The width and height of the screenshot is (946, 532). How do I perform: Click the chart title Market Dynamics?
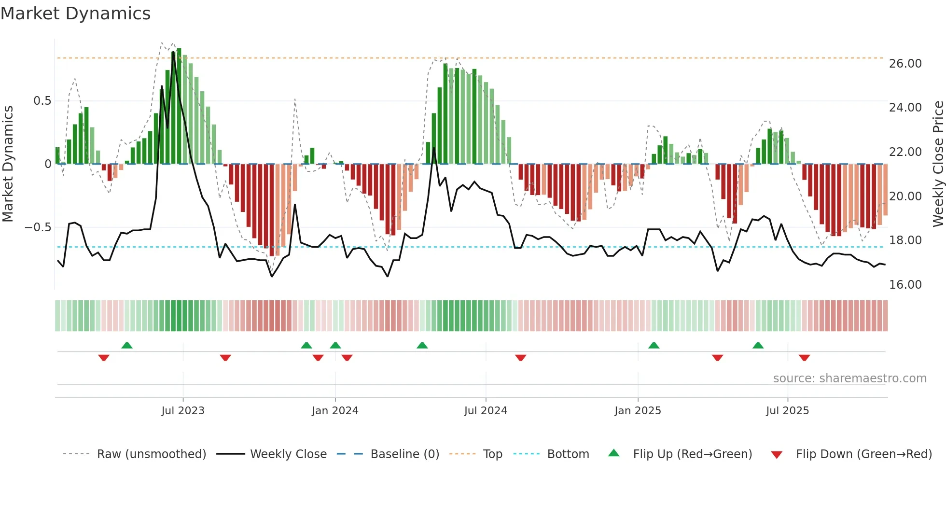click(75, 14)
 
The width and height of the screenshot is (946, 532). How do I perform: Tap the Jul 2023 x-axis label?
click(183, 411)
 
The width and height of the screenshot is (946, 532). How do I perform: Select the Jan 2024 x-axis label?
click(335, 411)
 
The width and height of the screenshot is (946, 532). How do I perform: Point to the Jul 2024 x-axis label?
click(486, 411)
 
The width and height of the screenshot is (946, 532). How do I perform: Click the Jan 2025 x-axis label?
click(638, 411)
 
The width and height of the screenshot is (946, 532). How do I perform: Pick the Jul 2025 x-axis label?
click(787, 411)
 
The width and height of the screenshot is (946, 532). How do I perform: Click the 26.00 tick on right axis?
click(905, 64)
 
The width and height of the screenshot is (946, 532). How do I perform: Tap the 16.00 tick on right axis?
click(905, 285)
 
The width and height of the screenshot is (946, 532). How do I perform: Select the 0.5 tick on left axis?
click(42, 101)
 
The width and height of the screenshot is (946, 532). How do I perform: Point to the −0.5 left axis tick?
click(38, 227)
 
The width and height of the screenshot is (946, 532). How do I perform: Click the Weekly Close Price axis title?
click(938, 164)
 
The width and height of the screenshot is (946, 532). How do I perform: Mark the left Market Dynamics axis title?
click(8, 164)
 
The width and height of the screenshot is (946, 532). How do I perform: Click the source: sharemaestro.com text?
click(849, 378)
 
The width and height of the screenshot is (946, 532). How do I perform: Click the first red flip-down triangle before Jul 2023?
click(104, 358)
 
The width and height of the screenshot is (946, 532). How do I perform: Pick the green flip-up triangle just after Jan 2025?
click(654, 345)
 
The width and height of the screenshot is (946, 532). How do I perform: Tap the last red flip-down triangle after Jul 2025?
click(804, 358)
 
